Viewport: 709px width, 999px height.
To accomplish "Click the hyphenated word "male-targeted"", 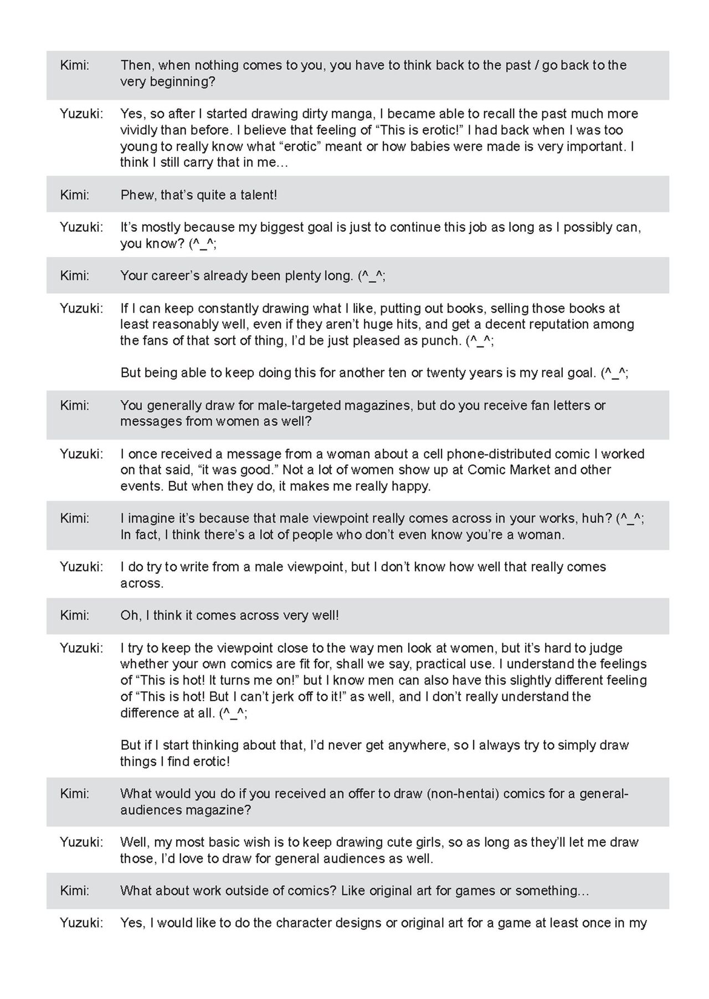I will pos(299,405).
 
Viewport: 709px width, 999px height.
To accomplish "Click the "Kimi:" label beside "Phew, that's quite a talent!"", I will pos(74,195).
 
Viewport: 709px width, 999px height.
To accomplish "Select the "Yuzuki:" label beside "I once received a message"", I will pos(81,454).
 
